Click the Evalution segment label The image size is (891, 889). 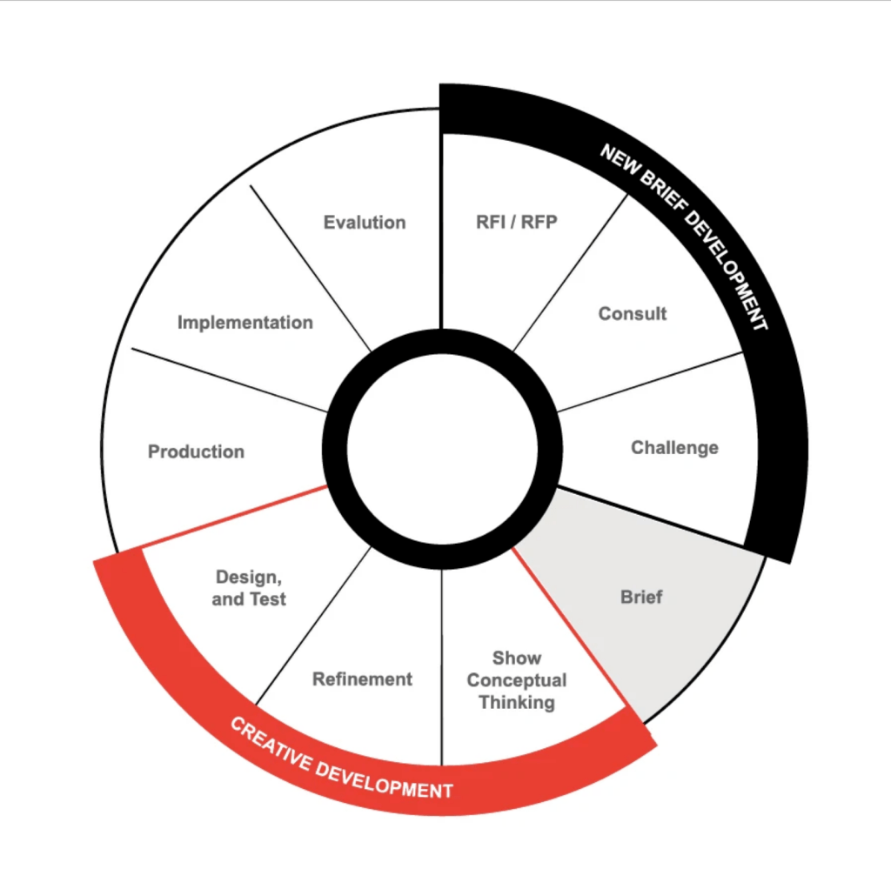click(365, 223)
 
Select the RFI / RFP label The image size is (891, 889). click(517, 222)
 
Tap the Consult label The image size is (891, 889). click(633, 314)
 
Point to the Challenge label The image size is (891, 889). click(674, 448)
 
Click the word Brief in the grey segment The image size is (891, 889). click(641, 598)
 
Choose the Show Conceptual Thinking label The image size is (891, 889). click(517, 680)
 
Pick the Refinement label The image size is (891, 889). click(362, 679)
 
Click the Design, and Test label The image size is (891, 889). click(249, 588)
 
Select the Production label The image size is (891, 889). click(196, 452)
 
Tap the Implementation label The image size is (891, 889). click(245, 323)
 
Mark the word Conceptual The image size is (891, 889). click(517, 680)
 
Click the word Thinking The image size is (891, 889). click(517, 703)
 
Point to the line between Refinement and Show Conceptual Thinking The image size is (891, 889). click(442, 665)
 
